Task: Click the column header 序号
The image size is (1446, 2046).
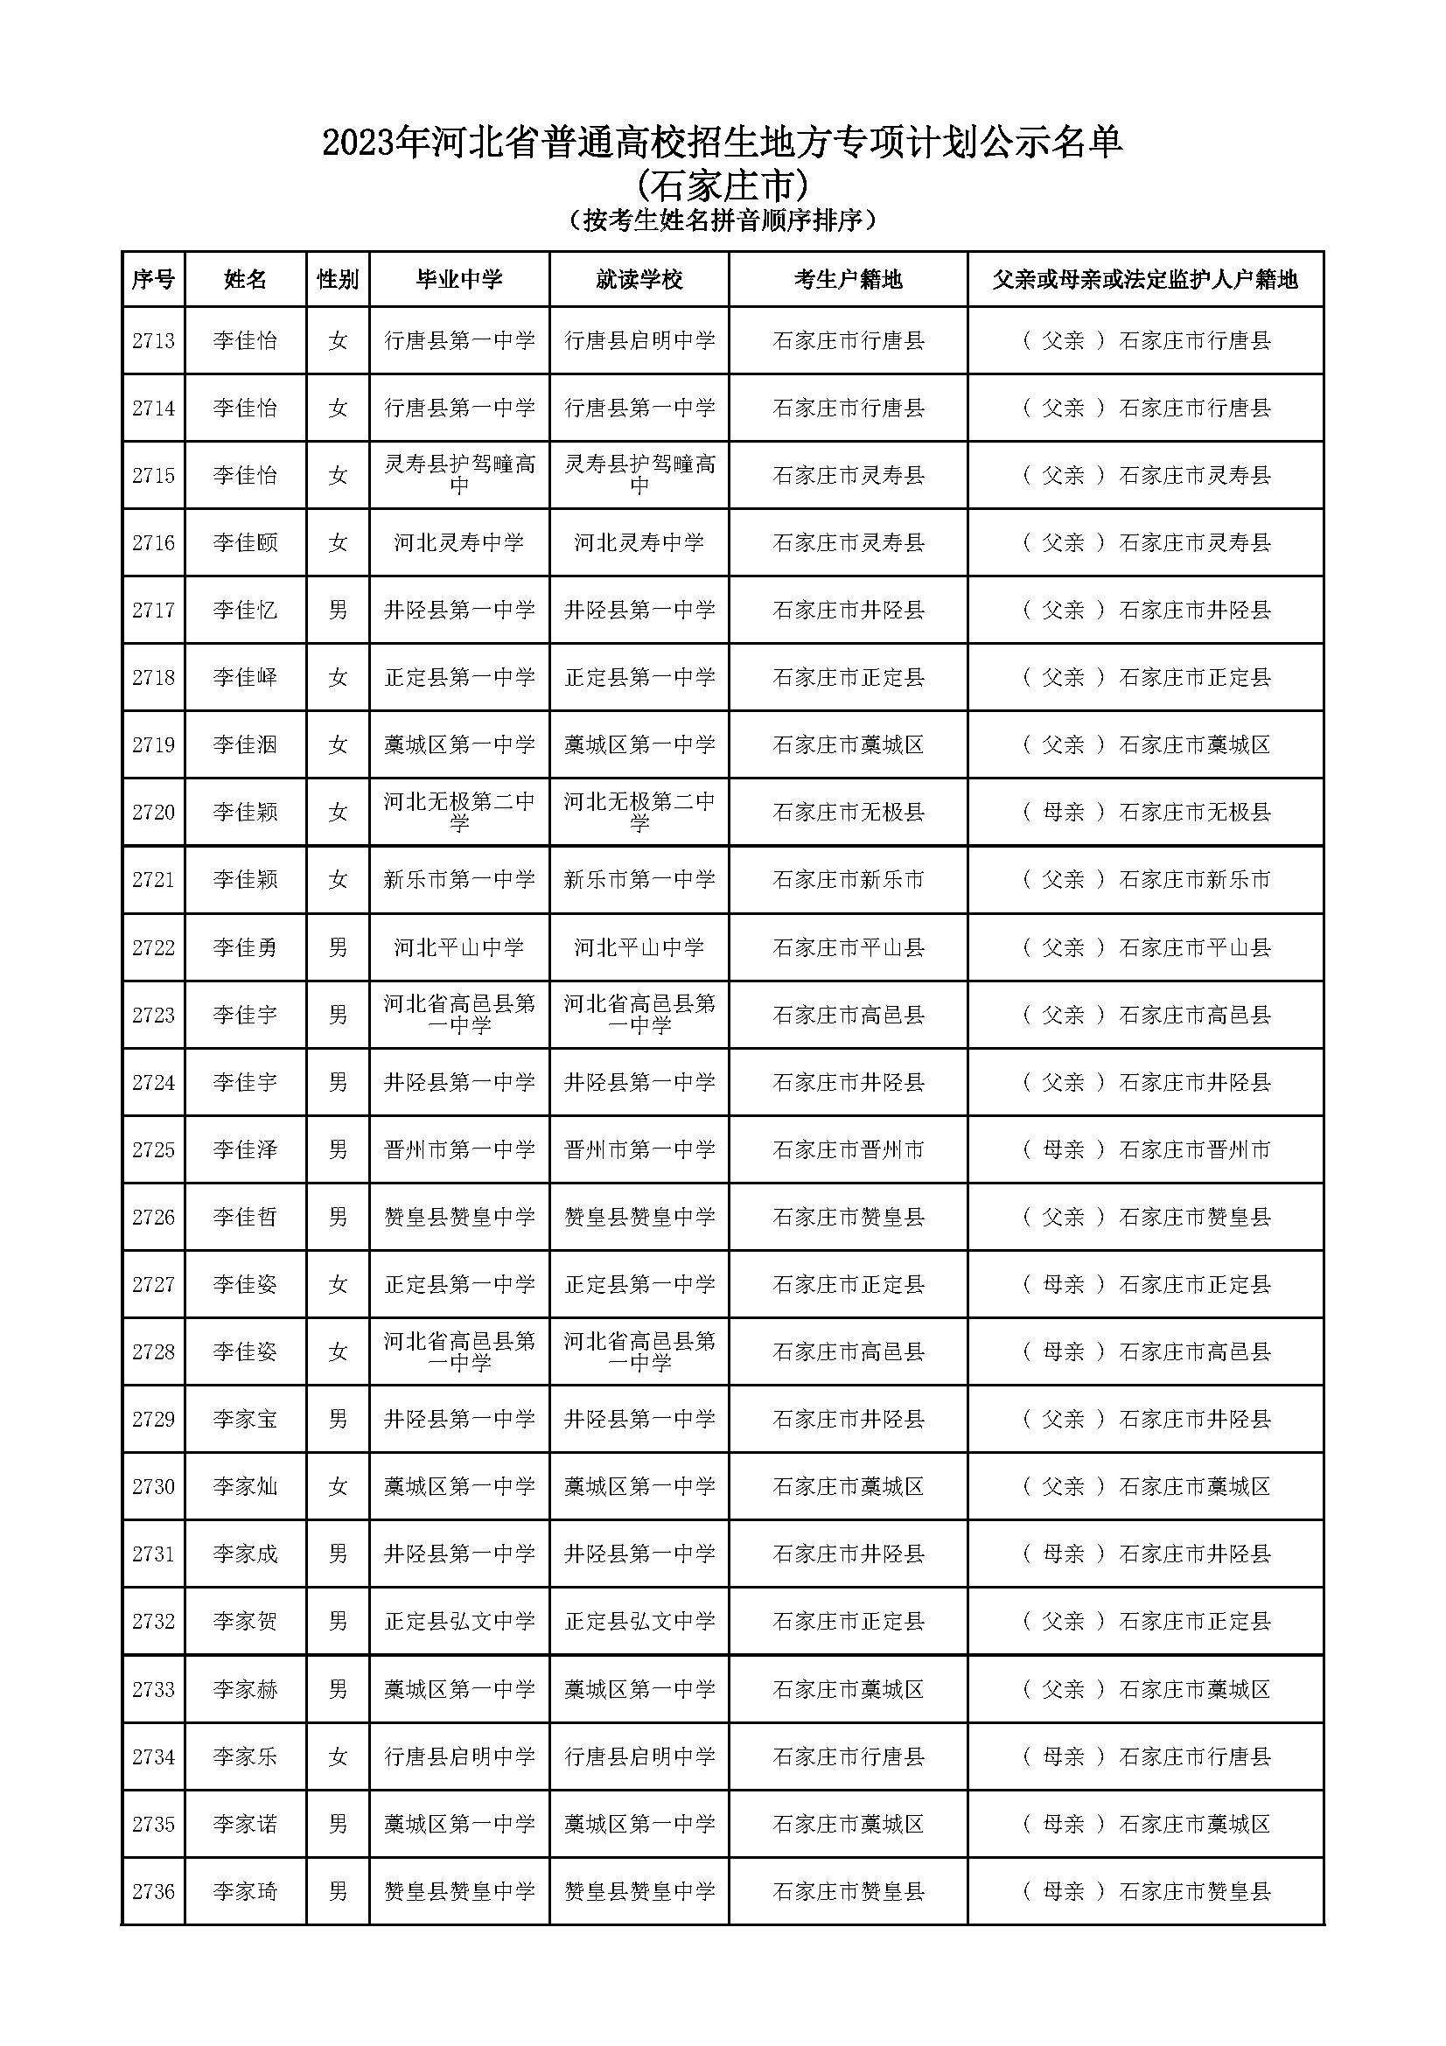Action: (x=153, y=280)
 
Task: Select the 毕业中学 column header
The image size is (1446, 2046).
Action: (x=459, y=280)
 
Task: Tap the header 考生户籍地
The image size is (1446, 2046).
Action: (x=848, y=280)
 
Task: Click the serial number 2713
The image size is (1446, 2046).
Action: (x=153, y=340)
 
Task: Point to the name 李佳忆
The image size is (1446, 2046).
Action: (x=245, y=611)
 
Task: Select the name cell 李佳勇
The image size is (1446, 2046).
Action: (x=245, y=947)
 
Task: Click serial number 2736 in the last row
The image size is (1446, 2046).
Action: (x=153, y=1891)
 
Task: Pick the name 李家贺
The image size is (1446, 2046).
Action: (x=245, y=1621)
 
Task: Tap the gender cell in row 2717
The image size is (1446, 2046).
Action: (x=338, y=611)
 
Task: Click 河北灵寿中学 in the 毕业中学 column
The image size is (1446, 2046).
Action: (x=459, y=542)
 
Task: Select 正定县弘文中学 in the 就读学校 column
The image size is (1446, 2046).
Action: (x=639, y=1621)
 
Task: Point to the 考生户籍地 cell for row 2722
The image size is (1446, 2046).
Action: (x=848, y=947)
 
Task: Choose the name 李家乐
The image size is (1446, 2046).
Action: (x=245, y=1756)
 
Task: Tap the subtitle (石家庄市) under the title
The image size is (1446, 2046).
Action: (x=723, y=186)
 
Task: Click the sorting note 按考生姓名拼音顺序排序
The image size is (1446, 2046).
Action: (x=723, y=220)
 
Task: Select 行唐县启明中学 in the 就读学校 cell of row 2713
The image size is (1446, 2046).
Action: (x=639, y=340)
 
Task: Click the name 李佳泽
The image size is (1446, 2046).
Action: (x=245, y=1149)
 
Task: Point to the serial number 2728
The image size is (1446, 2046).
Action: (x=153, y=1351)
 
